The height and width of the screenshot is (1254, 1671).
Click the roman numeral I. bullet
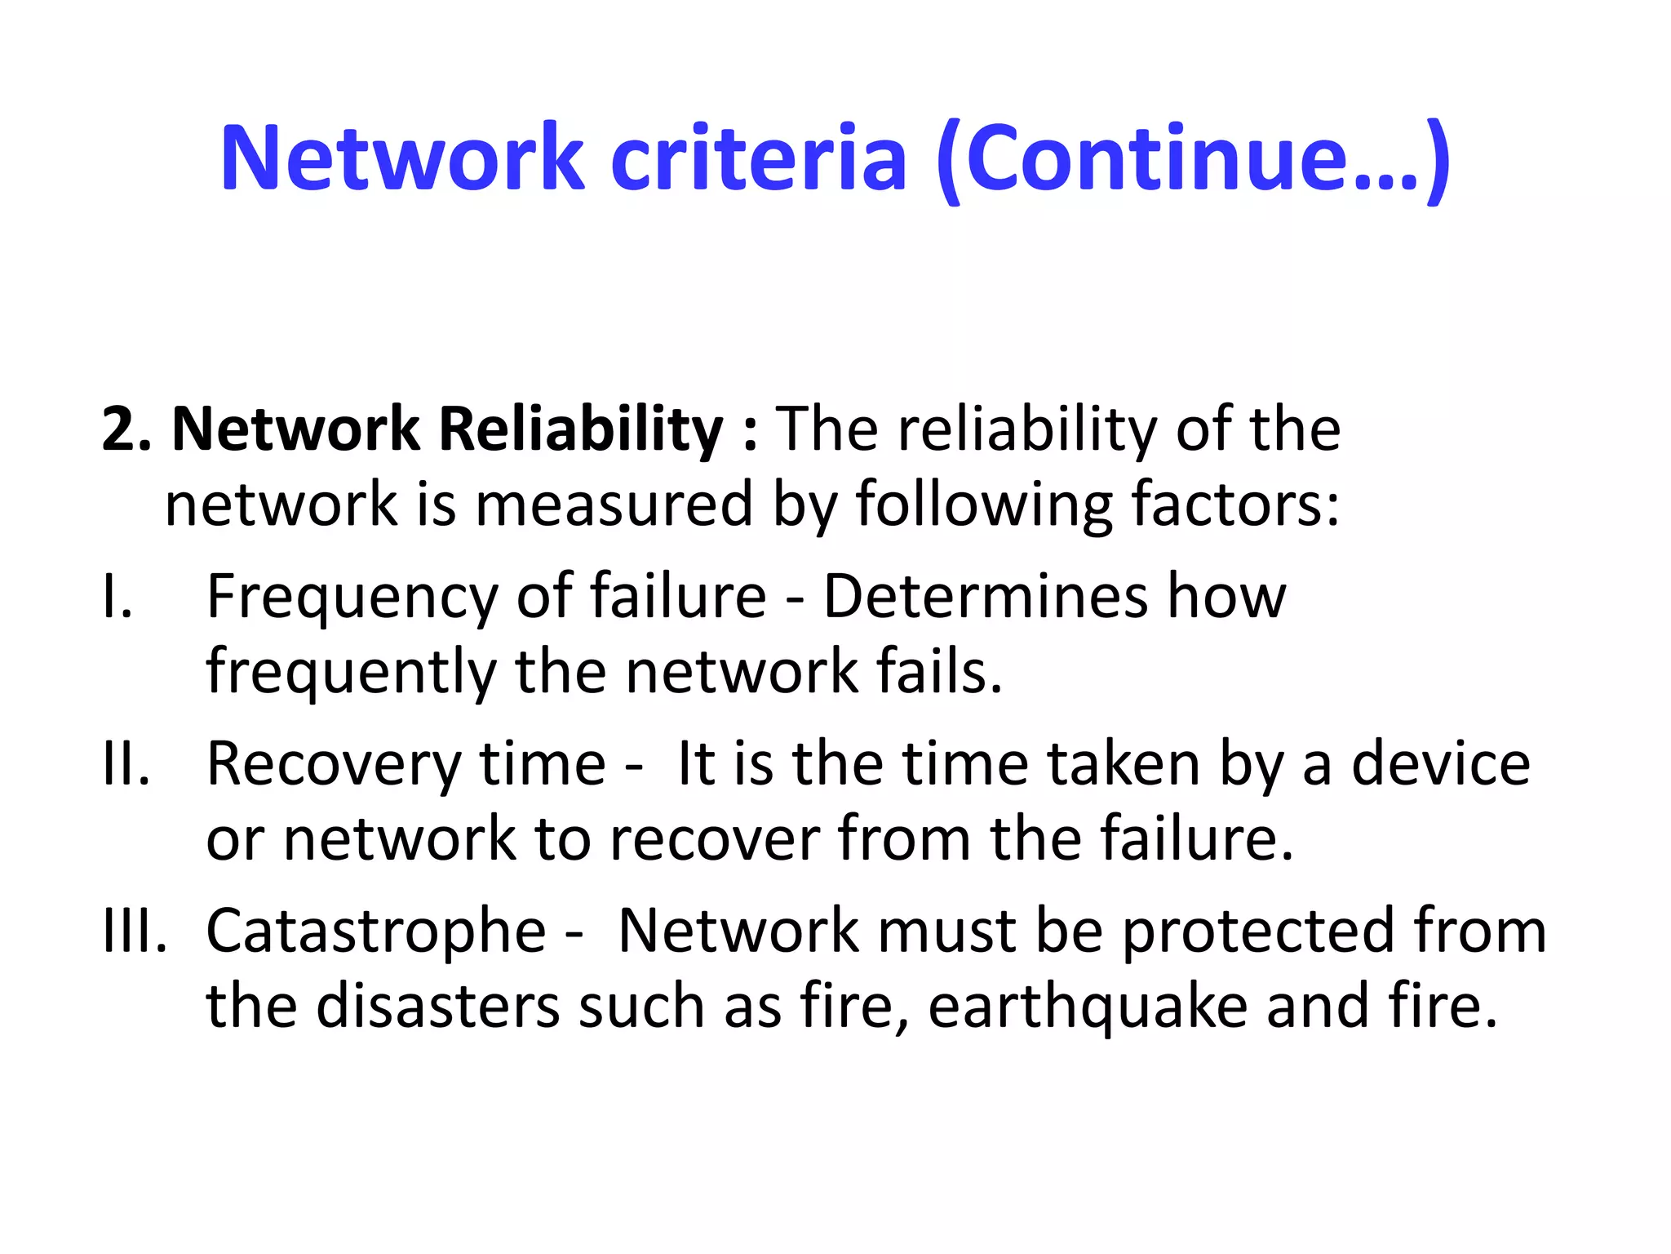[x=118, y=597]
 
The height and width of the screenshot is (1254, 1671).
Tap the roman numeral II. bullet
[x=126, y=764]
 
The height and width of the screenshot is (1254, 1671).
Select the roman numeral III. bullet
[x=135, y=932]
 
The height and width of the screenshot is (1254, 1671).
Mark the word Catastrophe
[x=375, y=932]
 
